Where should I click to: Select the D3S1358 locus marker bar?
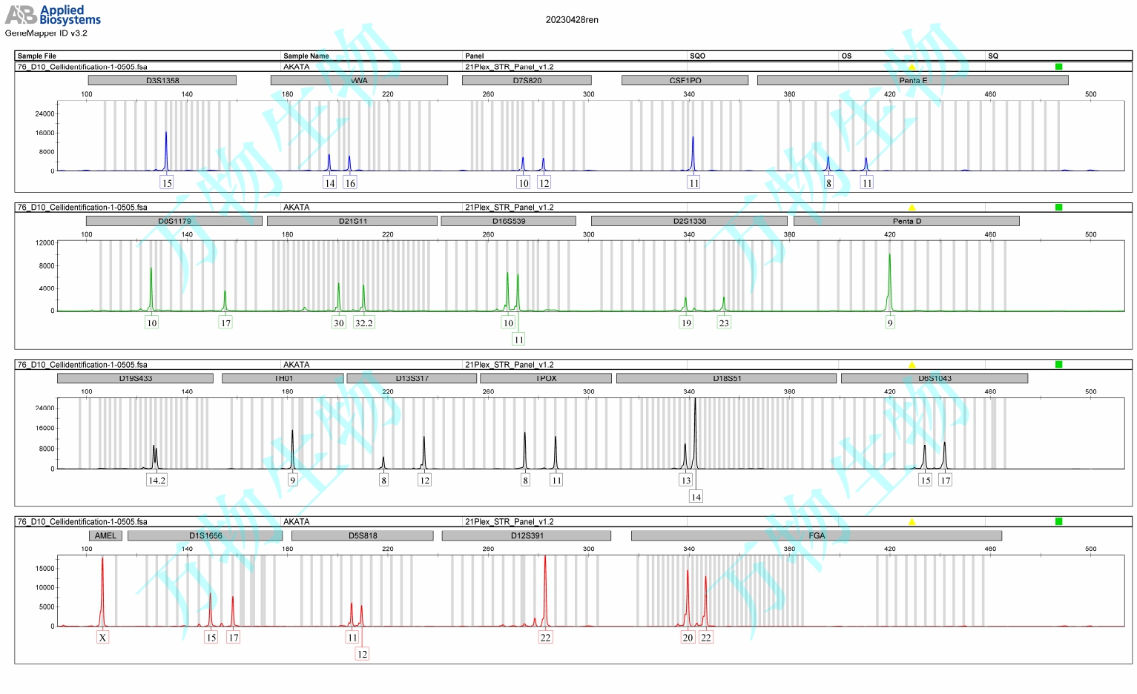tap(162, 80)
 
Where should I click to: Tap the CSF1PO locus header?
tap(685, 80)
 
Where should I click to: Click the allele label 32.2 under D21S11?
tap(363, 323)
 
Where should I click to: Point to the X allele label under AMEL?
tap(102, 637)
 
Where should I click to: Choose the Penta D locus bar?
tap(906, 221)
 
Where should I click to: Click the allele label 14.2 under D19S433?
tap(156, 480)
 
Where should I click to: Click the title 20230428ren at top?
tap(572, 20)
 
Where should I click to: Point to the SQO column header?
tap(697, 56)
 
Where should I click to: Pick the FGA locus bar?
tap(816, 535)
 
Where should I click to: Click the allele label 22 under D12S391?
tap(545, 637)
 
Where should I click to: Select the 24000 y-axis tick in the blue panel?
tap(45, 113)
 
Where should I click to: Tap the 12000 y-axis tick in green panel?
tap(45, 242)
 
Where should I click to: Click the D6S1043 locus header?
tap(934, 378)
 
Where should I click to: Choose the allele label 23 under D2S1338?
tap(724, 323)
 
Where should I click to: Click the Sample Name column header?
tap(306, 56)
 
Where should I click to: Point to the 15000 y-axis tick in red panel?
tap(45, 569)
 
